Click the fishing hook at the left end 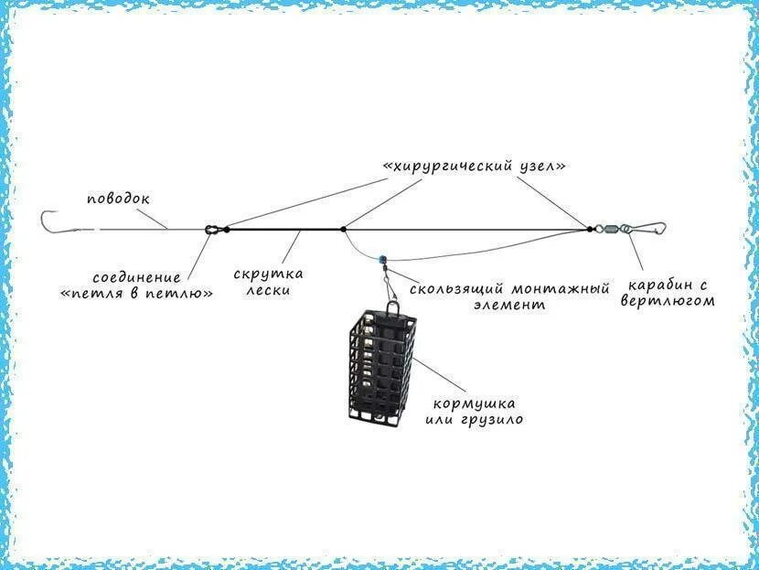pos(48,221)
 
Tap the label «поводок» pos(119,198)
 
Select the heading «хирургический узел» pos(475,167)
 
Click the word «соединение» pos(138,276)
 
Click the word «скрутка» pos(268,274)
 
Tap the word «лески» pos(268,290)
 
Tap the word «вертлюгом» pos(667,300)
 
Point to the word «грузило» pos(494,419)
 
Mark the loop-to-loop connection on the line pos(212,229)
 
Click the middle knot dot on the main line pos(343,229)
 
